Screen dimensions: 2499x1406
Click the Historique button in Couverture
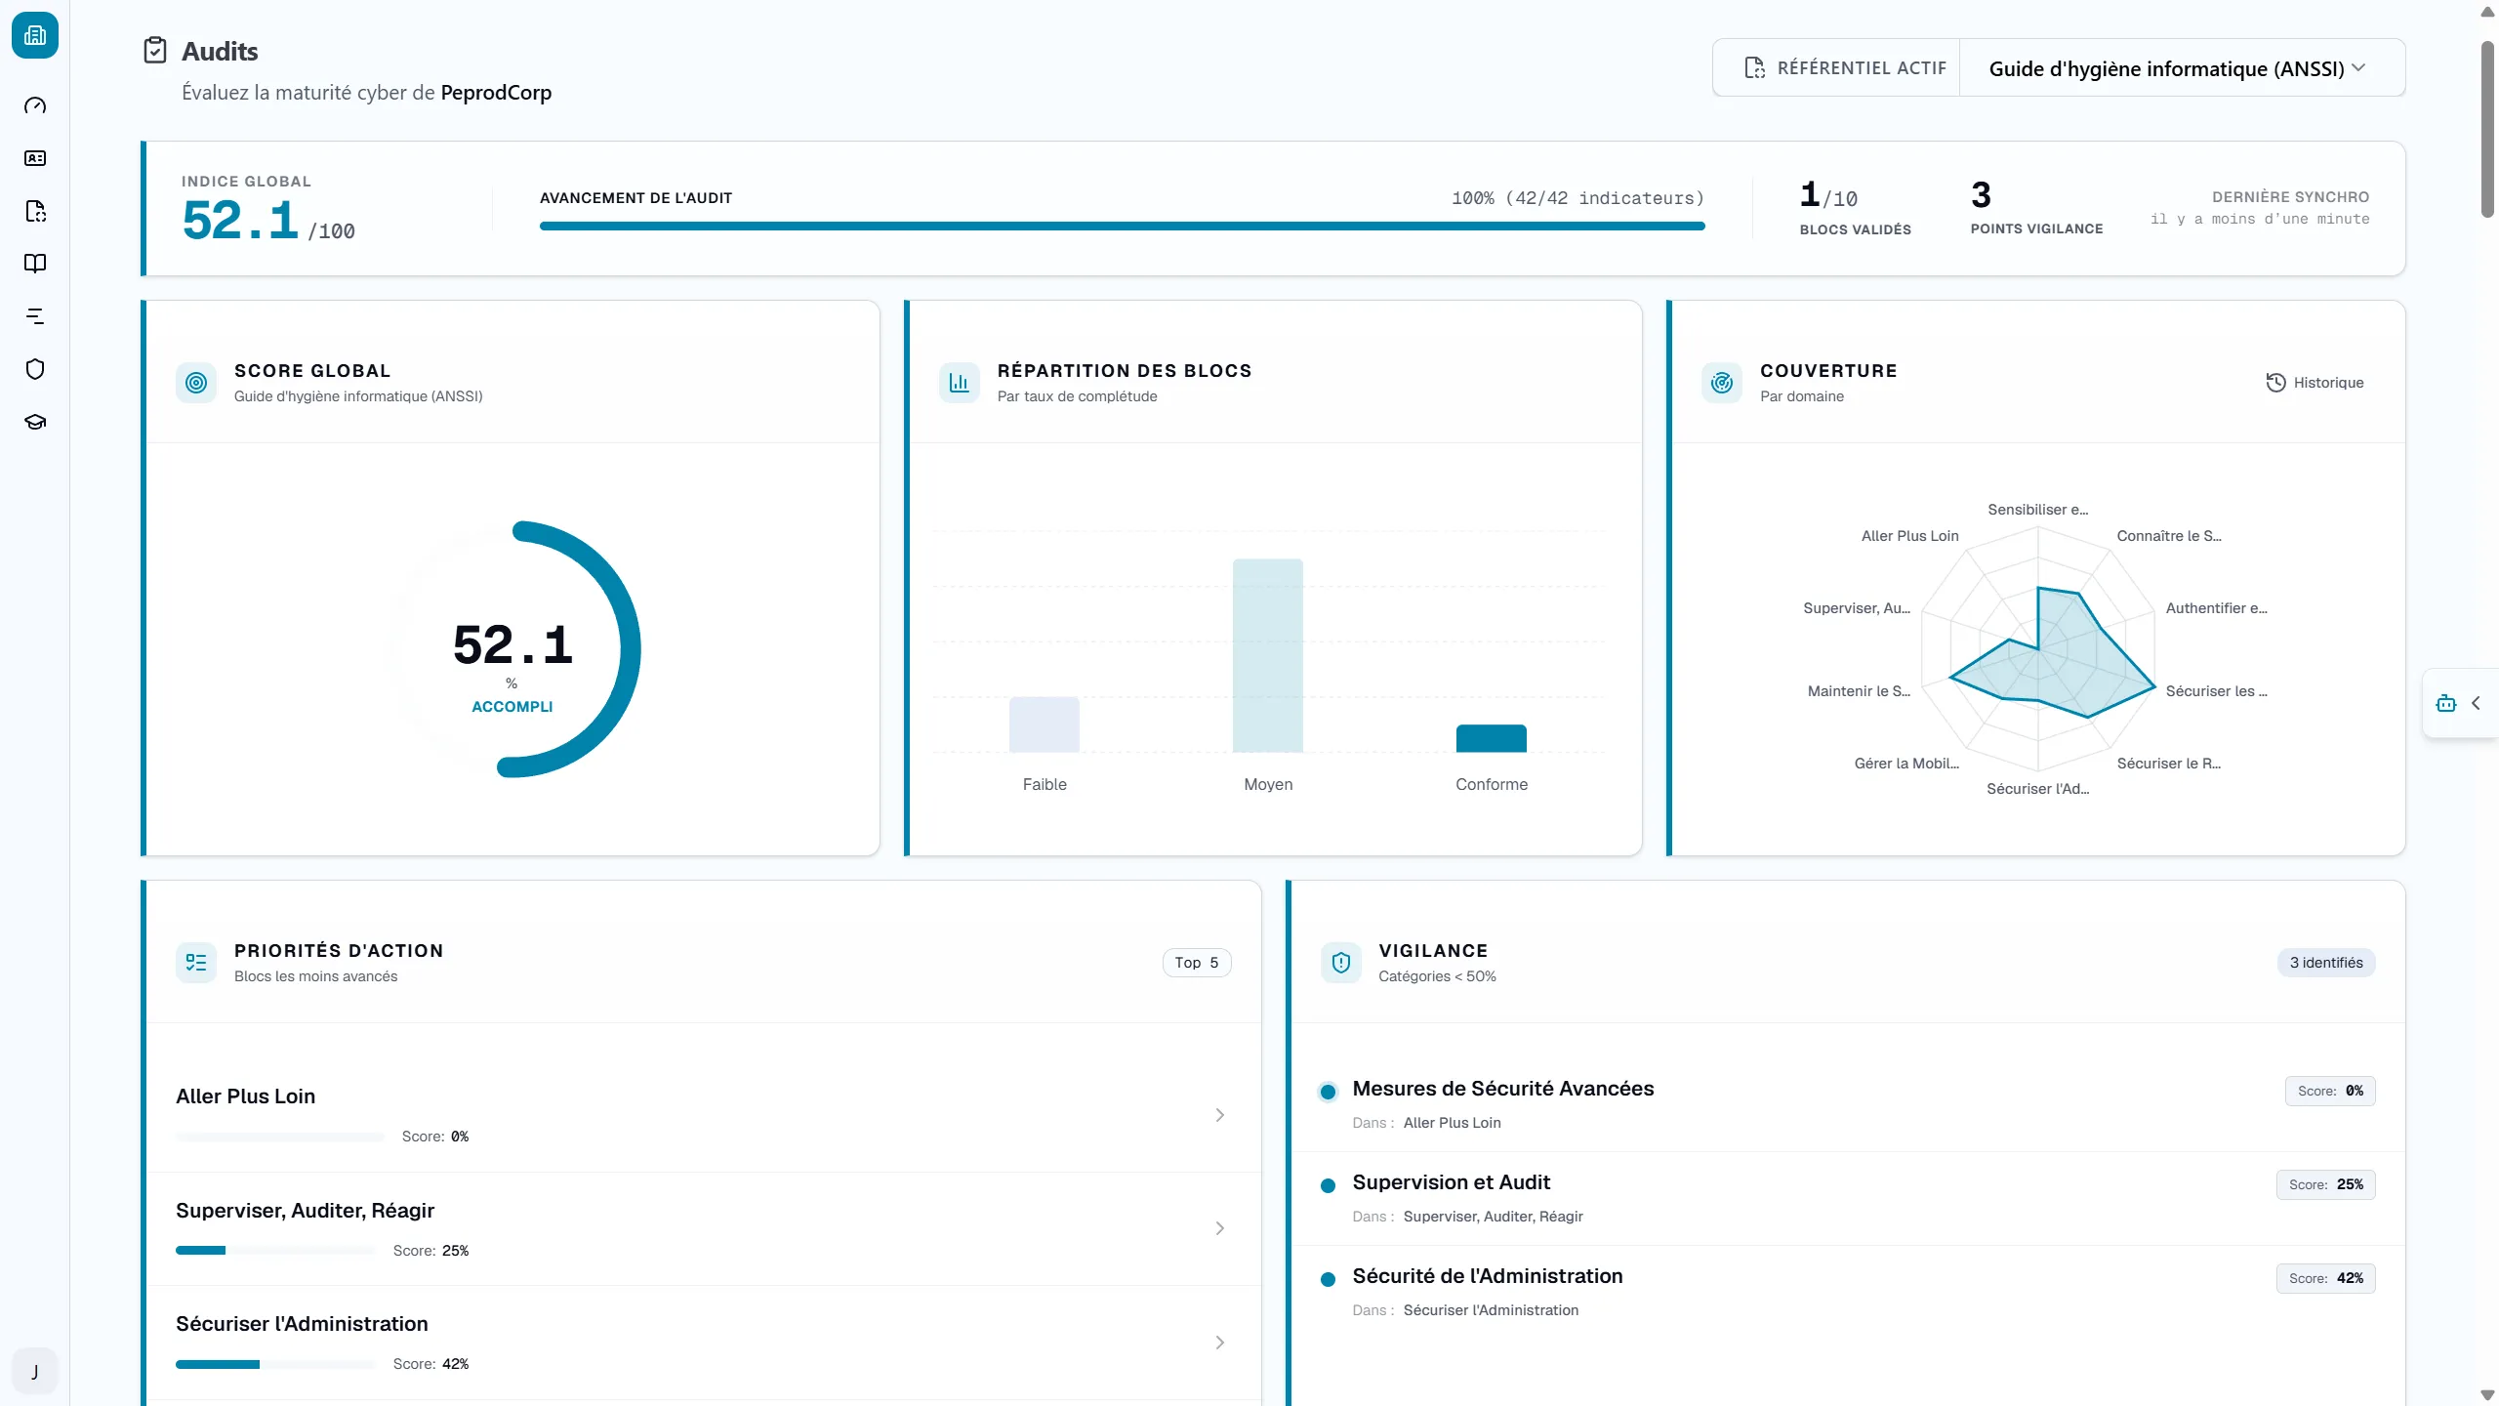pos(2315,383)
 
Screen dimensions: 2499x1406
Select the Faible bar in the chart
pos(1045,724)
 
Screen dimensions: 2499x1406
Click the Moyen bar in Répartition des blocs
pos(1268,655)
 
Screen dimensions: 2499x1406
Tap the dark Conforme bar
pos(1492,738)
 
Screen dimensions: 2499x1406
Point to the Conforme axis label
pos(1492,784)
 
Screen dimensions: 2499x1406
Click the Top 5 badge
pos(1197,963)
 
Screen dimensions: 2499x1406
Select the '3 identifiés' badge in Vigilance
pos(2326,963)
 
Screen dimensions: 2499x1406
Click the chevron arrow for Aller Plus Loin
pos(1219,1115)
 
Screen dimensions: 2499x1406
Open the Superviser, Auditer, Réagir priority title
pos(306,1211)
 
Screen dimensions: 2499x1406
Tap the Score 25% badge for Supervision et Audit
pos(2326,1184)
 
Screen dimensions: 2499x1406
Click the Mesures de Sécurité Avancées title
pos(1503,1089)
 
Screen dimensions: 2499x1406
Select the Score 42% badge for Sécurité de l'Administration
pos(2326,1278)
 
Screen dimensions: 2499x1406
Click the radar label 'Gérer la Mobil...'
pos(1906,764)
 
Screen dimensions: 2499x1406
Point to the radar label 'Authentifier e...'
pos(2216,608)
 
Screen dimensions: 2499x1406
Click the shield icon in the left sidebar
pos(35,369)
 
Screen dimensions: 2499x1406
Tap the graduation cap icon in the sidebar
pos(35,422)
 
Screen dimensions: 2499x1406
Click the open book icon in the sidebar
pos(35,264)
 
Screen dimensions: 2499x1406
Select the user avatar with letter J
pos(35,1372)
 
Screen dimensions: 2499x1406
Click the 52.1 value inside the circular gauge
pos(512,645)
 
